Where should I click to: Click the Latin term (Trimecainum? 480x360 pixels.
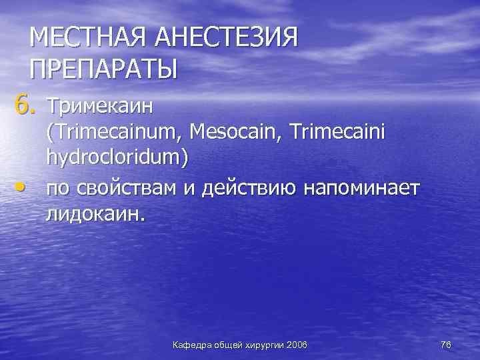114,132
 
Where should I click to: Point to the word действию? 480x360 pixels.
247,188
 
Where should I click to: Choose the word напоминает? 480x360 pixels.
361,188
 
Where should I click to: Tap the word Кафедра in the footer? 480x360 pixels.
192,345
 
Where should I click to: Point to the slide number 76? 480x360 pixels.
446,345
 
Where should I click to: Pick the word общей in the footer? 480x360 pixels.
228,345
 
